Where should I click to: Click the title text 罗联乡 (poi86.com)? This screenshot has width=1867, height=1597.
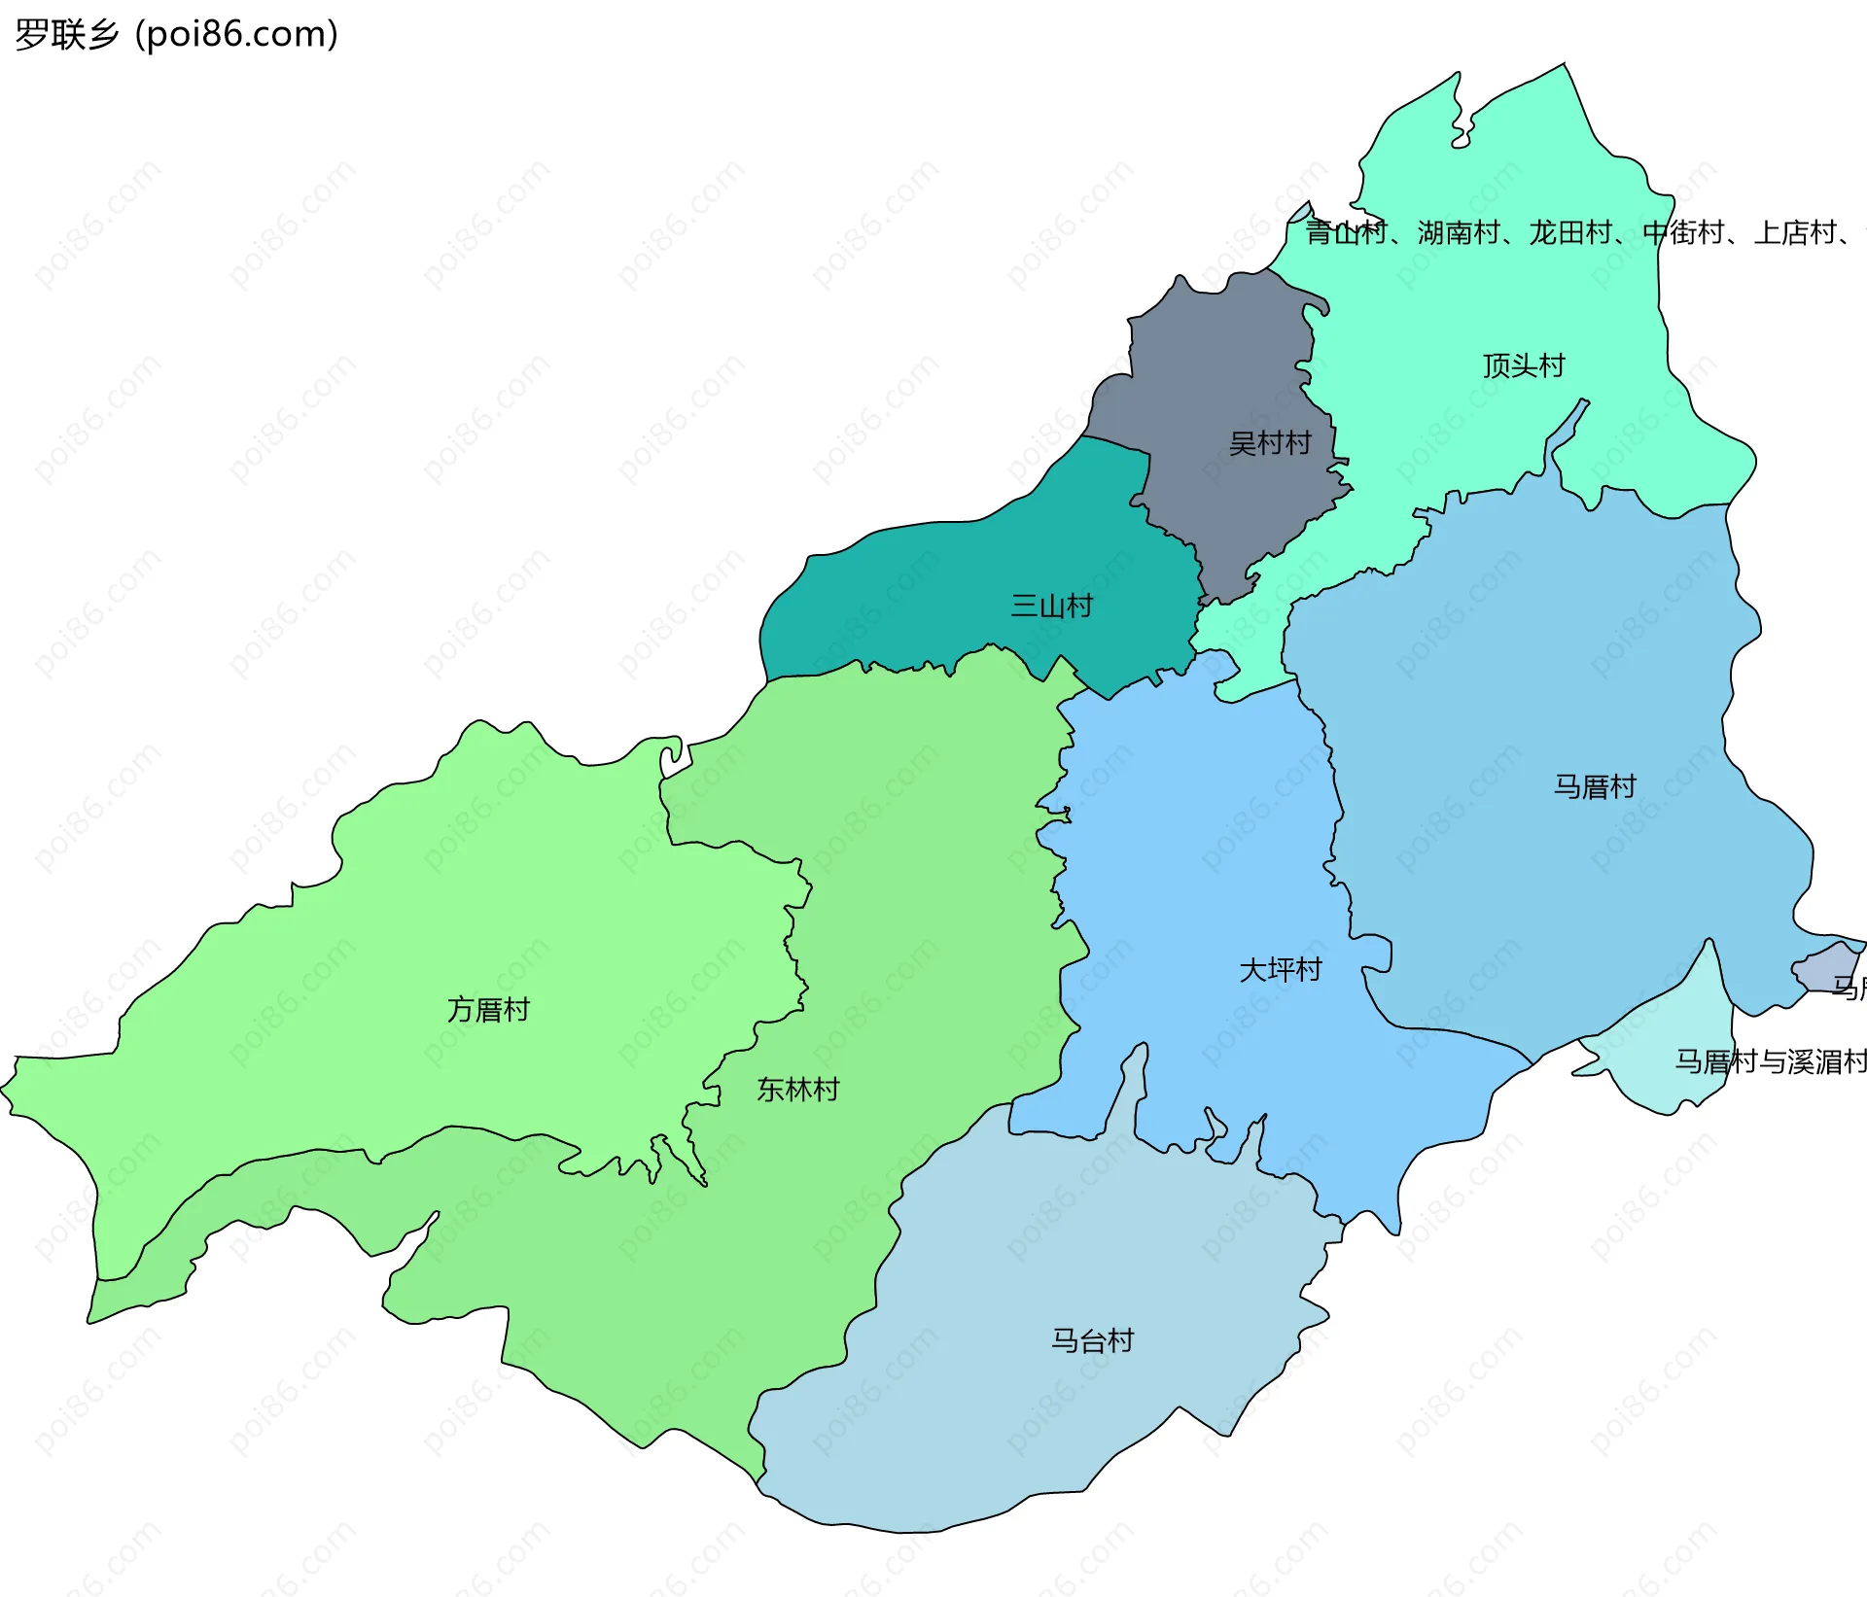[x=176, y=34]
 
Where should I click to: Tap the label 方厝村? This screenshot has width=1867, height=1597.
[x=488, y=1010]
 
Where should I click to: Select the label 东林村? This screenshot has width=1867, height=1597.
[x=797, y=1090]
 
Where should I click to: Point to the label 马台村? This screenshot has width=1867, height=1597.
[x=1092, y=1340]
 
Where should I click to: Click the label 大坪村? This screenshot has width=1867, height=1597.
[x=1280, y=969]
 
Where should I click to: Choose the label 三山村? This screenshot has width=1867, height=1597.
[x=1051, y=606]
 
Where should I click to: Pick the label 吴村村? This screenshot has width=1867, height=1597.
[x=1269, y=443]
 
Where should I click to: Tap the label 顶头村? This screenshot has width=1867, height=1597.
[x=1523, y=365]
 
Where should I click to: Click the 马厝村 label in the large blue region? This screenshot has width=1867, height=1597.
[x=1594, y=786]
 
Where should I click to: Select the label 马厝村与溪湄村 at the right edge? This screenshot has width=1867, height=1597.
[x=1770, y=1061]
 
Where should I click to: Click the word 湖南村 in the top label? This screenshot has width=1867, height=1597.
[x=1458, y=233]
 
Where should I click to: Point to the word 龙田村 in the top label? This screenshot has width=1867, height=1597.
[x=1569, y=233]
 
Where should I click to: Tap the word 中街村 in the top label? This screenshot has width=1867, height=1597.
[x=1682, y=233]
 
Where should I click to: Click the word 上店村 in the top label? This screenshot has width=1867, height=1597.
[x=1794, y=233]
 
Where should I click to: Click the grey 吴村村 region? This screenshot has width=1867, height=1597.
[x=1215, y=369]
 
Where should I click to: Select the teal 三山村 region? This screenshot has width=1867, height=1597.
[x=924, y=593]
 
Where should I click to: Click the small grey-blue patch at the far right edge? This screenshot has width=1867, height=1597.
[x=1826, y=968]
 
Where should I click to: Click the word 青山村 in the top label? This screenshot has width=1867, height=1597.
[x=1345, y=233]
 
